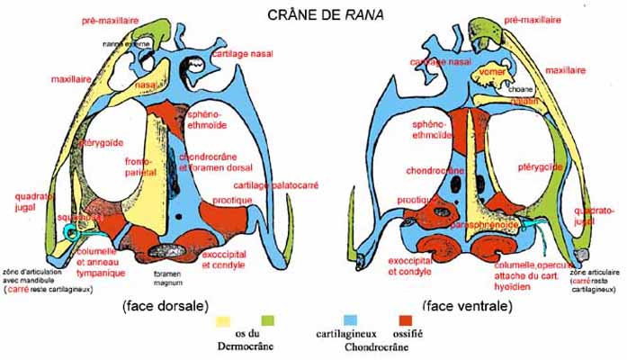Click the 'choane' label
pos(514,88)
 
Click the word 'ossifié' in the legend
pos(407,334)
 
